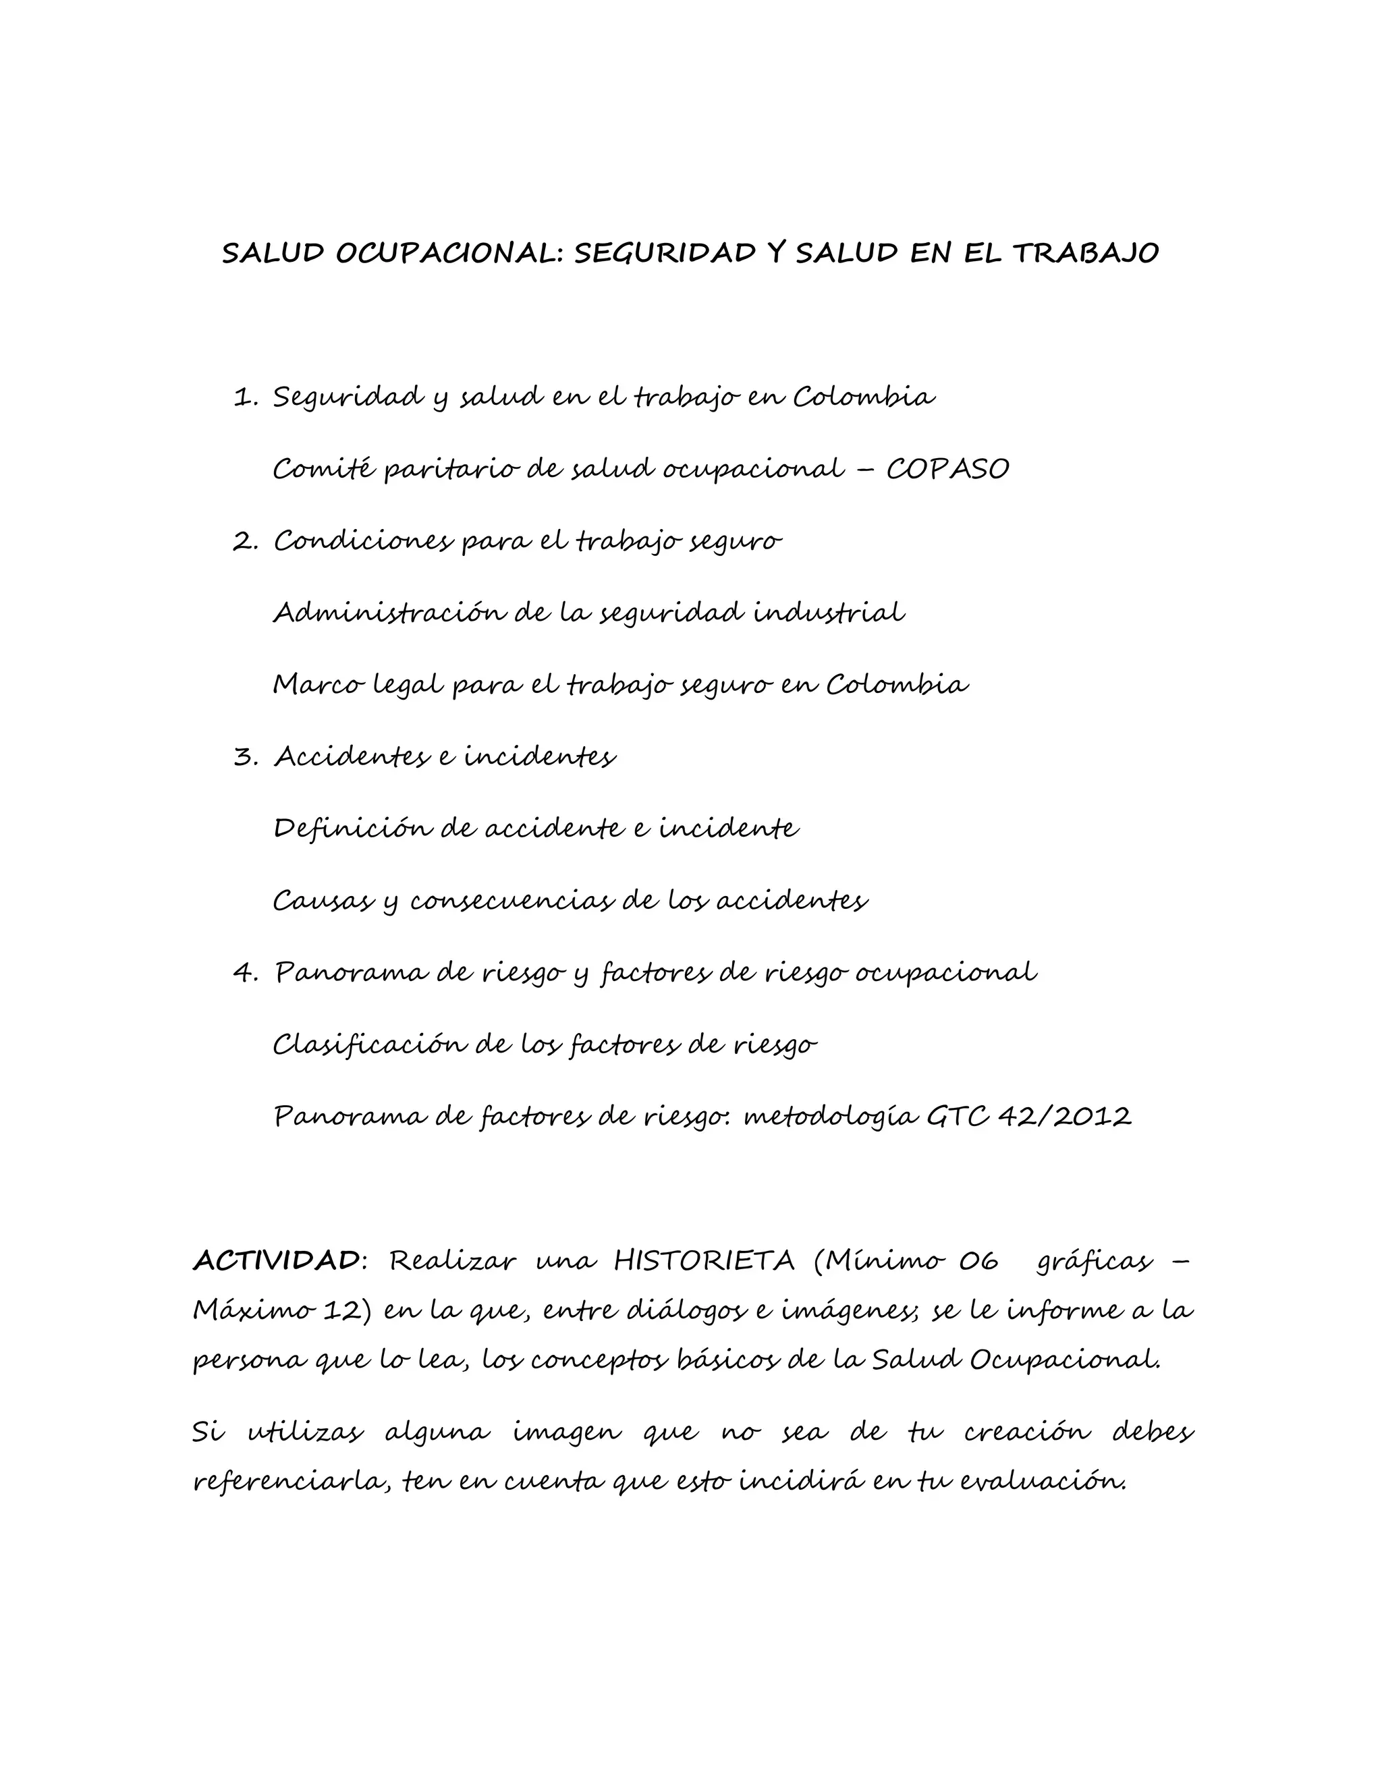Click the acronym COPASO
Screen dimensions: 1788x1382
pos(947,470)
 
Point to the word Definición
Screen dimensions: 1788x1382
pos(350,829)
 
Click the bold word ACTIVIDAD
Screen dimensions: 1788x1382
pos(276,1261)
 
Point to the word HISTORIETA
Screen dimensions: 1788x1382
pos(704,1261)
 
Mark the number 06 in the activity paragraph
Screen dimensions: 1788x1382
pos(979,1261)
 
